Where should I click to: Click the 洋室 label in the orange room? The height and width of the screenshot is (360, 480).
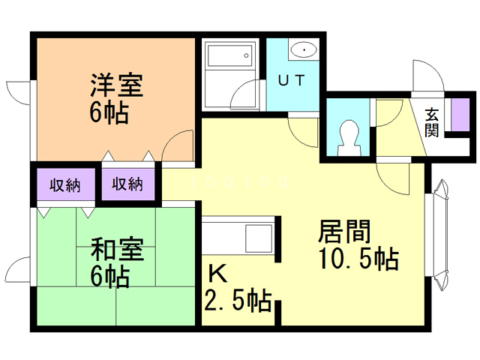116,83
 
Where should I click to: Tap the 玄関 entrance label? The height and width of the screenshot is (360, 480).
433,121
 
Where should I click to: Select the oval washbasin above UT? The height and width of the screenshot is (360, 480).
304,50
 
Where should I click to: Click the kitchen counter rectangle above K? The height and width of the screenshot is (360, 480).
238,237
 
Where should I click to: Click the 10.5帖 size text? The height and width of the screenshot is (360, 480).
355,259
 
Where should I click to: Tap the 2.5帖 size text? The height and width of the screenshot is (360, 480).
238,301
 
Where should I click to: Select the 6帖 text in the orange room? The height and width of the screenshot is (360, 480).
109,113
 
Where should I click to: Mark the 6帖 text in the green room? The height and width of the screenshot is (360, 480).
109,277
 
